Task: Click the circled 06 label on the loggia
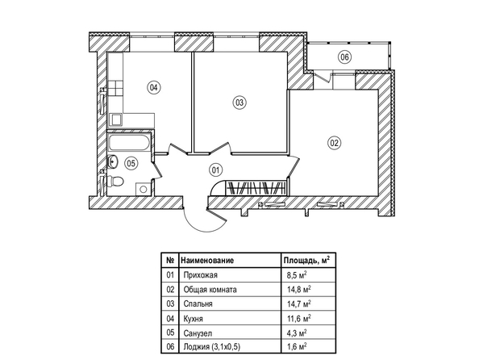pyautogui.click(x=344, y=57)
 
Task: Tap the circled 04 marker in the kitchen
pyautogui.click(x=153, y=88)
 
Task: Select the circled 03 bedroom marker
pyautogui.click(x=240, y=103)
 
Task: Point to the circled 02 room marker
pyautogui.click(x=334, y=143)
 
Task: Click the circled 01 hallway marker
pyautogui.click(x=215, y=170)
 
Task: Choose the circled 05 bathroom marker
pyautogui.click(x=131, y=163)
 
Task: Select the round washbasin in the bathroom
pyautogui.click(x=113, y=161)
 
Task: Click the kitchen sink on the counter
pyautogui.click(x=116, y=119)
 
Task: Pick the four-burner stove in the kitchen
pyautogui.click(x=115, y=89)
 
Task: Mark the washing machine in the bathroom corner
pyautogui.click(x=144, y=188)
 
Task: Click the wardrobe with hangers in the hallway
pyautogui.click(x=256, y=187)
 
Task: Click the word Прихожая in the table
pyautogui.click(x=201, y=275)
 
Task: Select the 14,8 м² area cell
pyautogui.click(x=299, y=289)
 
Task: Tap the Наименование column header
pyautogui.click(x=207, y=260)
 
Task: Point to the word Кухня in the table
pyautogui.click(x=193, y=319)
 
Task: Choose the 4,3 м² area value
pyautogui.click(x=297, y=333)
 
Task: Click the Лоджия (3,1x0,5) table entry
pyautogui.click(x=212, y=347)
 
